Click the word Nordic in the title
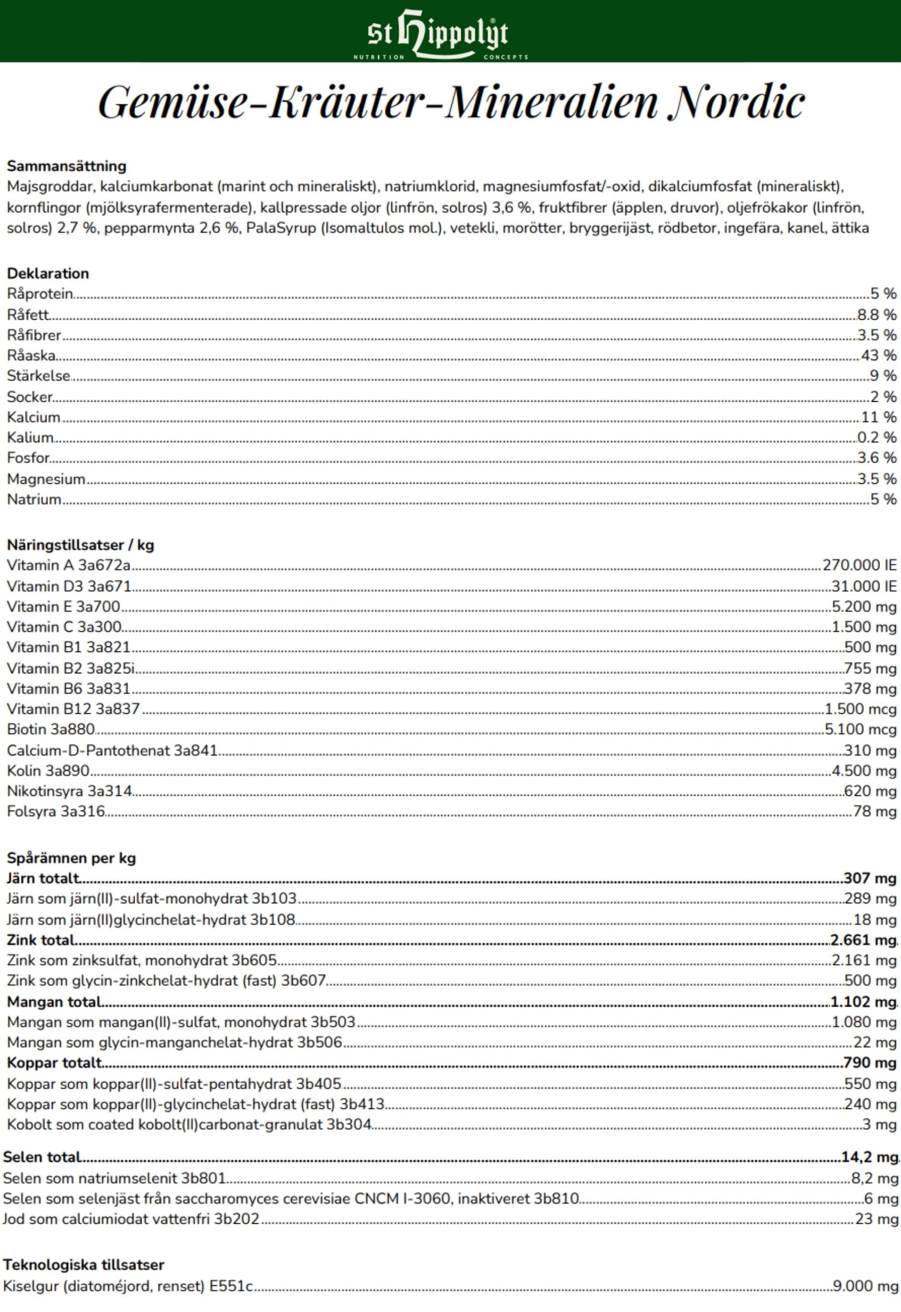735,102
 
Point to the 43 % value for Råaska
879,355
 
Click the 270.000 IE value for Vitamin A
859,565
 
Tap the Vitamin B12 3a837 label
73,709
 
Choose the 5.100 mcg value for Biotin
860,729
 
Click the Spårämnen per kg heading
71,858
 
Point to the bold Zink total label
41,940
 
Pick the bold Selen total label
42,1157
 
